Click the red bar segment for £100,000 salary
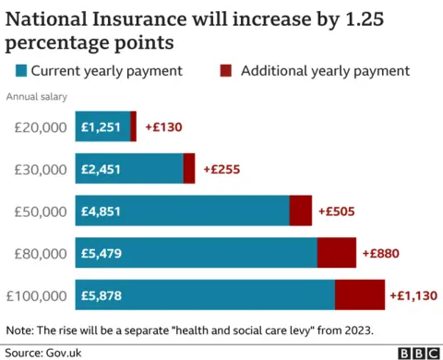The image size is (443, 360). point(359,295)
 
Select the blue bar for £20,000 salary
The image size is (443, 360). point(103,126)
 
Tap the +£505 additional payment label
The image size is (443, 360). point(337,211)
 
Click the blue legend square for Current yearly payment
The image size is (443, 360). point(21,70)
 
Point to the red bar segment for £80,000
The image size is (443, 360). point(337,253)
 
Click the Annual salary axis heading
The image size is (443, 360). point(37,96)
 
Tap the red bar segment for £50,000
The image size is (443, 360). point(301,211)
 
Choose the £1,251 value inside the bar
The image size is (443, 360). point(102,126)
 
